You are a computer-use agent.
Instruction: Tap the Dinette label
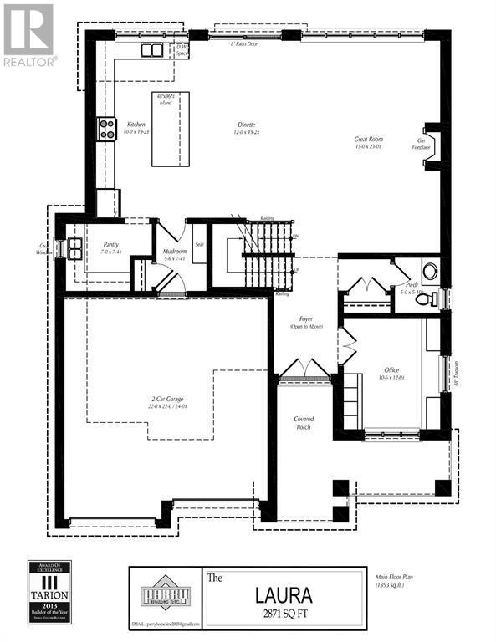coord(244,127)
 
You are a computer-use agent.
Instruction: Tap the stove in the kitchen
coord(107,129)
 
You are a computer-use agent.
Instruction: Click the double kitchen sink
coord(151,50)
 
